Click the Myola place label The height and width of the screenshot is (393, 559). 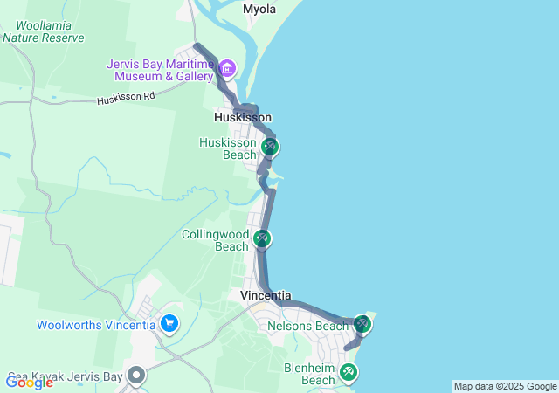[259, 9]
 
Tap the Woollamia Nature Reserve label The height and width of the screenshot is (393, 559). [43, 31]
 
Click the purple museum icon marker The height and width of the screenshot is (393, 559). [227, 67]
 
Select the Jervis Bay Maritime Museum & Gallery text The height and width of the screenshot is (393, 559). [160, 70]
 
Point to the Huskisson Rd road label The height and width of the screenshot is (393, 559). [126, 100]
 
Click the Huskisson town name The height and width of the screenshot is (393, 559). [243, 117]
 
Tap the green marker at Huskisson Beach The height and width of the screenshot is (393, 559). [270, 147]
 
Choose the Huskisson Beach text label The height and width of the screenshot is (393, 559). [227, 148]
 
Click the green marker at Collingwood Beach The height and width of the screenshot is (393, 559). [262, 238]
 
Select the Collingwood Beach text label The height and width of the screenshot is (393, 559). [215, 240]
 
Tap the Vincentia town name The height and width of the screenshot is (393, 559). [266, 296]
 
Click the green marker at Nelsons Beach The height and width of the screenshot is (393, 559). [362, 325]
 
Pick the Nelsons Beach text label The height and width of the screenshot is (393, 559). [308, 327]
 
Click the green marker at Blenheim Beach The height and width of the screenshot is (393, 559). [349, 373]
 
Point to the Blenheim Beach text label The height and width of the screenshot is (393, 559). [309, 374]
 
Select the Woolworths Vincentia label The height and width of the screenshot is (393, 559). [96, 326]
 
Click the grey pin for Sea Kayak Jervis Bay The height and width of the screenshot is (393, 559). [136, 376]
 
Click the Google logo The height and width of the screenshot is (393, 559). [29, 382]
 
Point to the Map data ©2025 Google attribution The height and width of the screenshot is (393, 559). [504, 386]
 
